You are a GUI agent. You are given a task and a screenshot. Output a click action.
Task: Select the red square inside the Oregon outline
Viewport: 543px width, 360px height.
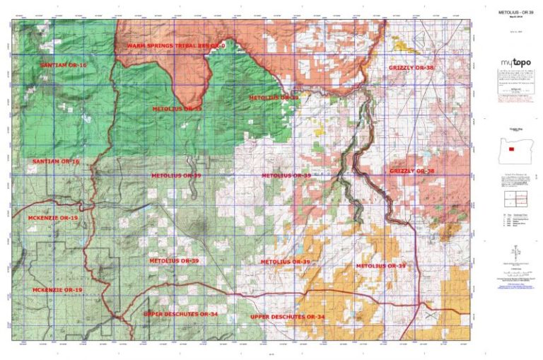click(510, 151)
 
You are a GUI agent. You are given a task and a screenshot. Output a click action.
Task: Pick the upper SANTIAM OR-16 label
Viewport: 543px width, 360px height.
click(64, 65)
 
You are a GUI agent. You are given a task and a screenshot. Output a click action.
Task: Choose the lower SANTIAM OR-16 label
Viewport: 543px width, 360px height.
click(56, 162)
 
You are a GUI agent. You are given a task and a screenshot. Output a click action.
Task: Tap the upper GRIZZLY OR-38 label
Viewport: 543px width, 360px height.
click(411, 68)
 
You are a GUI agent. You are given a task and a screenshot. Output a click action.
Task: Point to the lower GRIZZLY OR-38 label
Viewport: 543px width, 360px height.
click(411, 171)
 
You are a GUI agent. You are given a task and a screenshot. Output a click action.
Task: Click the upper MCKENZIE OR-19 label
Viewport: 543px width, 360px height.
click(53, 219)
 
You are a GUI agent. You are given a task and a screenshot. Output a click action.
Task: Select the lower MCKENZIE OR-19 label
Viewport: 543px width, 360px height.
click(57, 290)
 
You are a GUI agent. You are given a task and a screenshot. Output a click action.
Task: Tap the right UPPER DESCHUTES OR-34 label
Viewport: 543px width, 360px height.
click(287, 316)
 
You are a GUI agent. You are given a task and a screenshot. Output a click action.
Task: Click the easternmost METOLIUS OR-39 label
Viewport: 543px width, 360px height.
click(381, 265)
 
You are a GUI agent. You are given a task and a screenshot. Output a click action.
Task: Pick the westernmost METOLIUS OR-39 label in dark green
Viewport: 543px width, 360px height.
click(177, 109)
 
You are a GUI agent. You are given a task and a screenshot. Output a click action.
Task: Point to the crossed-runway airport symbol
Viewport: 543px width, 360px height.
click(429, 310)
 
